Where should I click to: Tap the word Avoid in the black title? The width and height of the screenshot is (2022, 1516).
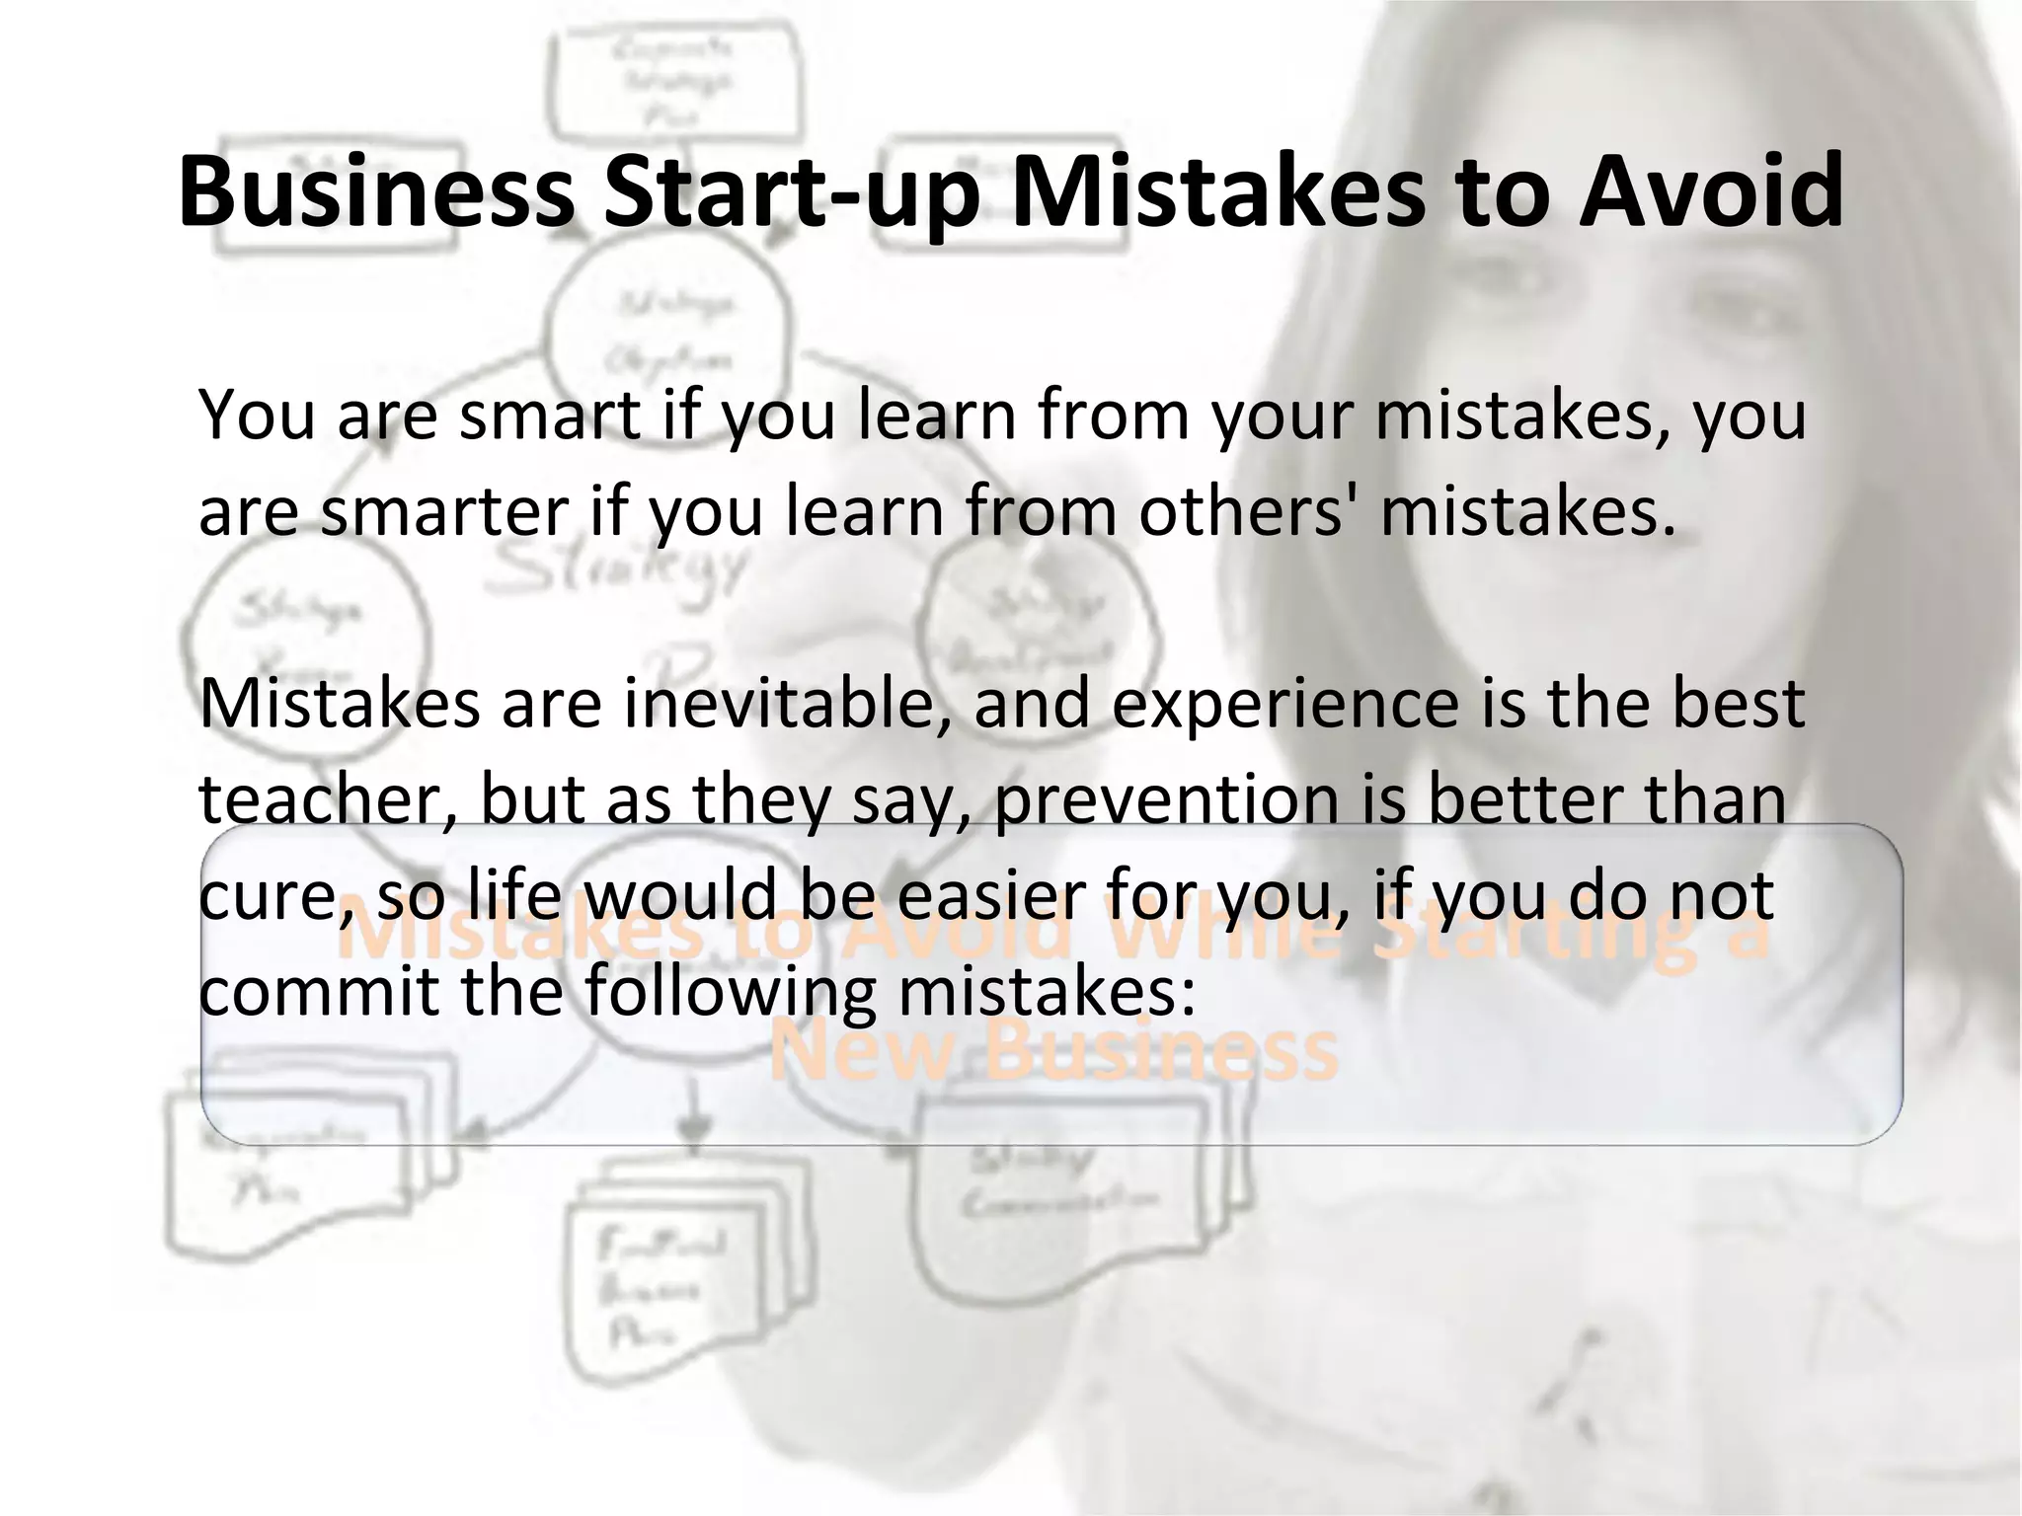click(1710, 190)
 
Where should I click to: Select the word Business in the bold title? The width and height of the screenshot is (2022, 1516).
click(375, 190)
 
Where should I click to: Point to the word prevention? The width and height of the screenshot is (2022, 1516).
click(1166, 800)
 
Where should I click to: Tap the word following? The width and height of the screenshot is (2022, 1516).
click(730, 993)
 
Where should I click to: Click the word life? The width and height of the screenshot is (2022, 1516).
click(511, 895)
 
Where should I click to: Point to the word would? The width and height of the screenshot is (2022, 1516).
click(681, 895)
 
